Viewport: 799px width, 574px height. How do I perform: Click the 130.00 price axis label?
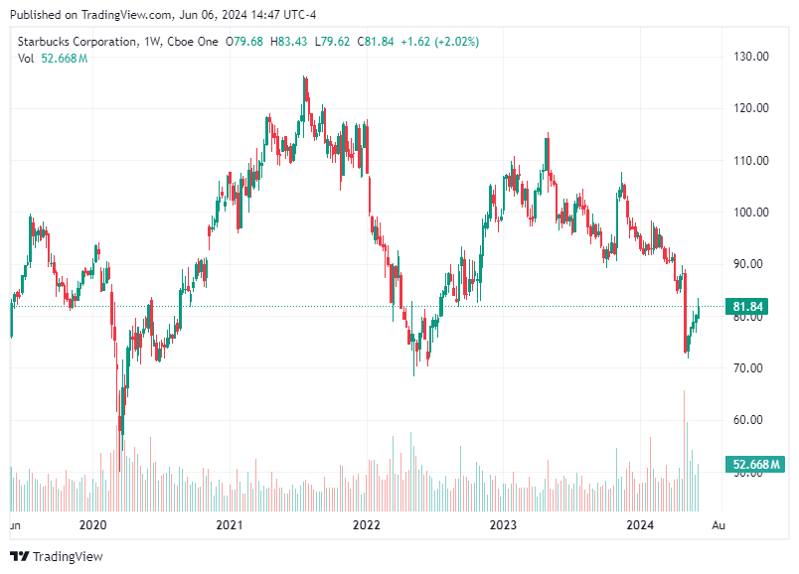[751, 57]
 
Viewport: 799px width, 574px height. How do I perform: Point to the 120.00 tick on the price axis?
[751, 108]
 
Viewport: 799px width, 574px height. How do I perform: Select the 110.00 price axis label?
[751, 160]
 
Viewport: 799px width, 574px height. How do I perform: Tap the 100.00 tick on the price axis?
[751, 213]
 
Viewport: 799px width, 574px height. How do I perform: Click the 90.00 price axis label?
[751, 264]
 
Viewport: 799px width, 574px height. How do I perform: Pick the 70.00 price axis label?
[751, 367]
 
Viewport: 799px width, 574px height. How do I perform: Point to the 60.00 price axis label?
[751, 419]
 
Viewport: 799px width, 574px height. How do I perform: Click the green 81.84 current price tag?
[748, 306]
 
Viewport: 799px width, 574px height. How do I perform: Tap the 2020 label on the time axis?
[92, 523]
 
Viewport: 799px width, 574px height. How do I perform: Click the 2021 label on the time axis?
[230, 523]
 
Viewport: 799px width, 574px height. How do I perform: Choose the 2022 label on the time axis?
[367, 523]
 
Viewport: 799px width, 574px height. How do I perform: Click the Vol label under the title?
[27, 59]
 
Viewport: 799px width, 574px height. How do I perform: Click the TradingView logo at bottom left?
[57, 556]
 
